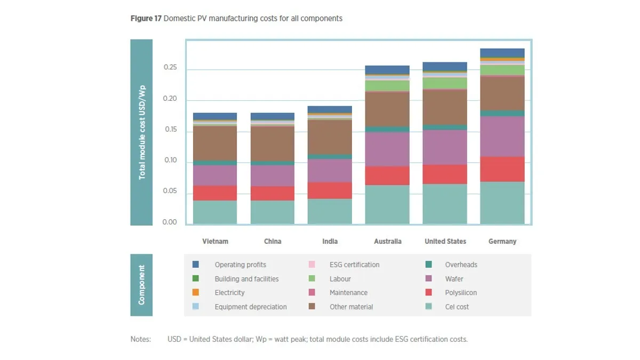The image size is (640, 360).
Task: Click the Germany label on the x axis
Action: coord(502,242)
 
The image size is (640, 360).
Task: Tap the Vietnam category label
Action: coord(215,242)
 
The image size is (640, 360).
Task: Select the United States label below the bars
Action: coord(445,242)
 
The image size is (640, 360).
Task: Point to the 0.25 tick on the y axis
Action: coord(170,68)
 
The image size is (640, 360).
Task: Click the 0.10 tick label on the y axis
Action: coord(170,161)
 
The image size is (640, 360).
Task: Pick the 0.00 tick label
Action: coord(170,222)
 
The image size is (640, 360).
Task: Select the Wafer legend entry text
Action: coord(454,279)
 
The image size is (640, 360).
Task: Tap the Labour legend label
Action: coord(340,279)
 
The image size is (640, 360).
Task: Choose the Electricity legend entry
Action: coord(229,293)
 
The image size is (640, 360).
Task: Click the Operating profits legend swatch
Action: coord(196,265)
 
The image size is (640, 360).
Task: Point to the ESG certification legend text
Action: coord(354,265)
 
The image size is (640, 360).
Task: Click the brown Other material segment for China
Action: coord(273,143)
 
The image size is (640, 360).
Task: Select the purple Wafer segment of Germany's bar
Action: coord(502,137)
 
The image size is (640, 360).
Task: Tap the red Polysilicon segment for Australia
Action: coord(388,175)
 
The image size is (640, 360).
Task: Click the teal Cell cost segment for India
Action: coord(330,211)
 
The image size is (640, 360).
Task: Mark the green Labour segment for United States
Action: coord(445,83)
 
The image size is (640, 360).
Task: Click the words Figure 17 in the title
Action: coord(146,19)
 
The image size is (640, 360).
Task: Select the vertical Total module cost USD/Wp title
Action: coord(142,132)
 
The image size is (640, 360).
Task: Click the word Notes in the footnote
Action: coord(141,339)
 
